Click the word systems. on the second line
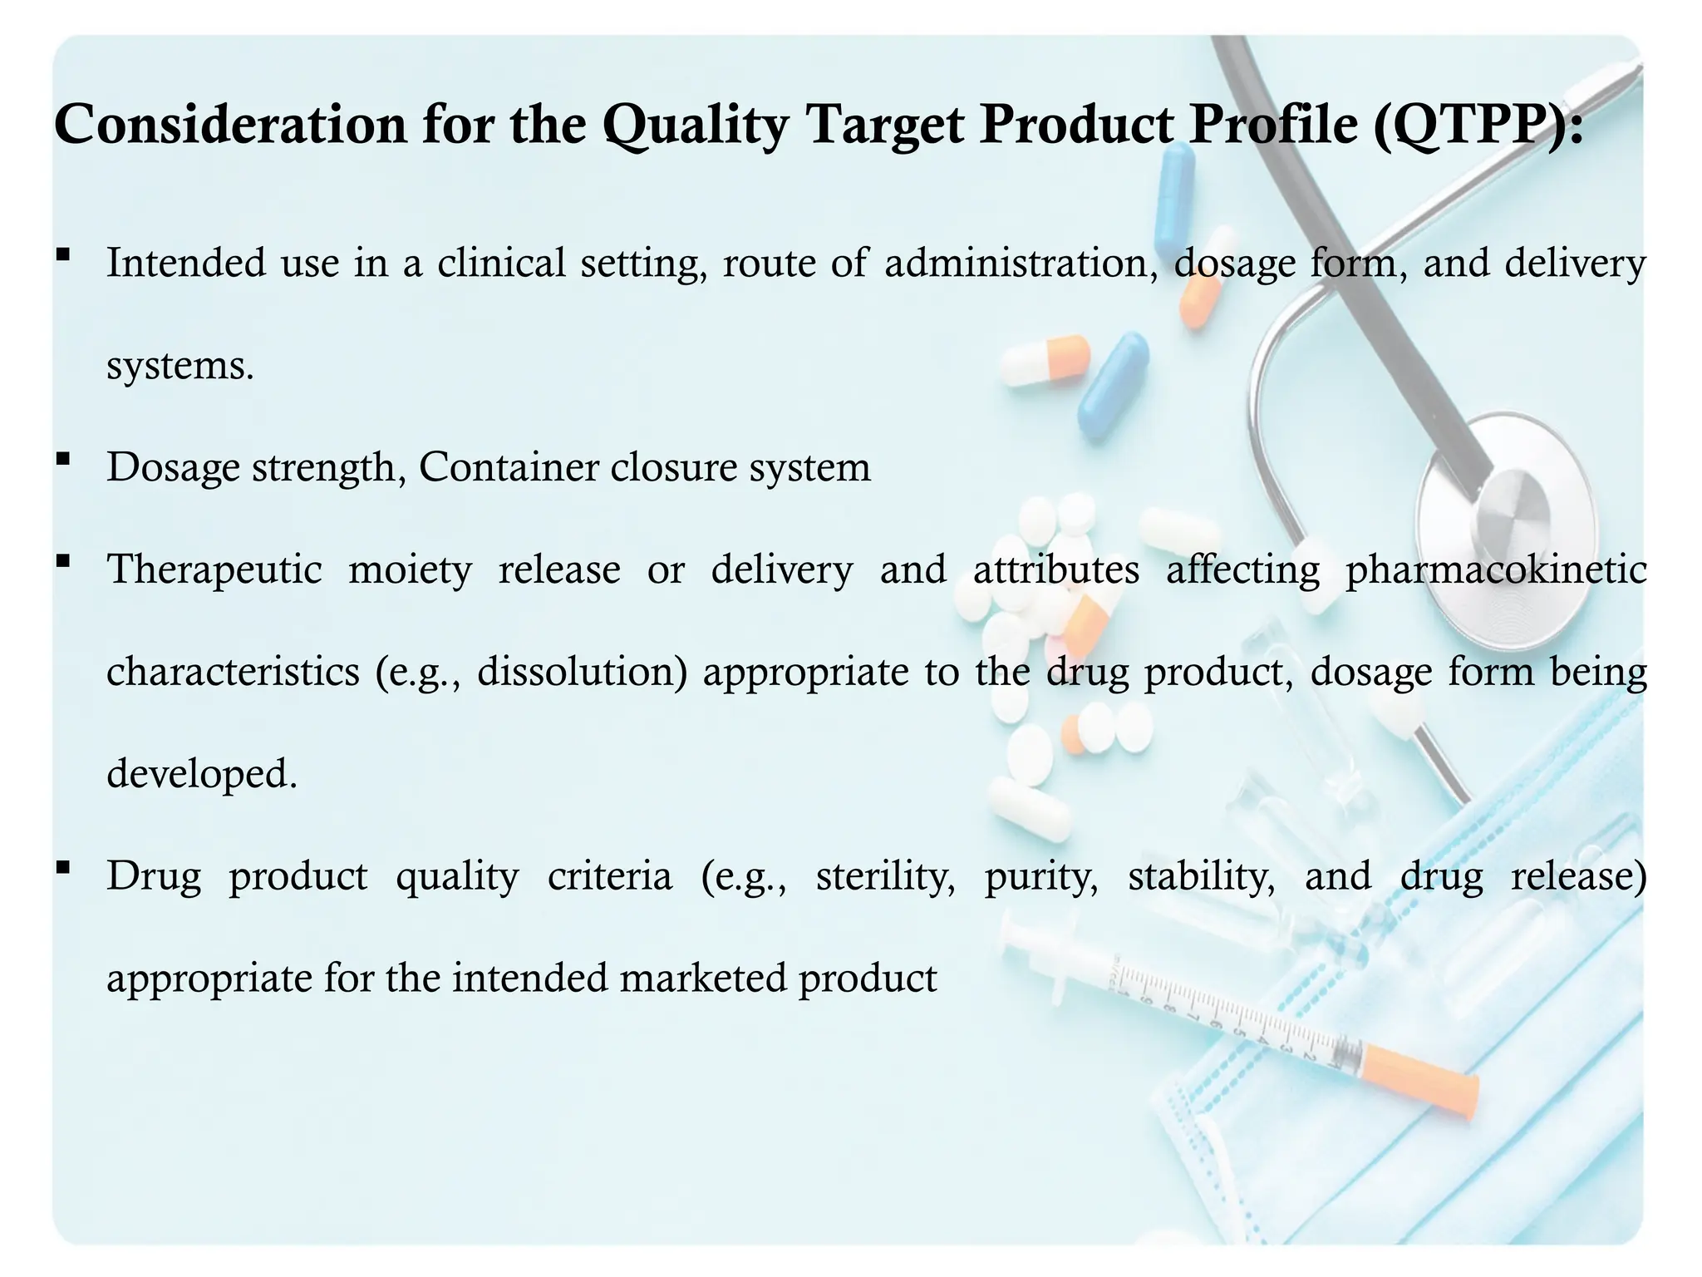tap(180, 365)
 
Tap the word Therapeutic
tap(214, 569)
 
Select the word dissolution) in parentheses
tap(582, 672)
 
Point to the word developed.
tap(202, 773)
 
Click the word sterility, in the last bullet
tap(885, 876)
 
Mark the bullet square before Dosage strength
tap(63, 458)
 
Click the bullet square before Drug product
tap(63, 867)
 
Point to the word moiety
tap(410, 569)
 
